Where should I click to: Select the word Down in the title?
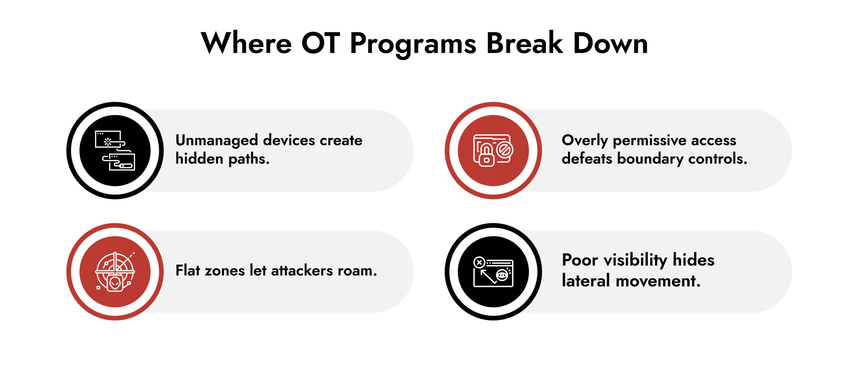[x=610, y=44]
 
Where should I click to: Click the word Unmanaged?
[x=216, y=141]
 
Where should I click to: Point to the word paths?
[x=249, y=159]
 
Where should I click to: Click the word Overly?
[x=585, y=141]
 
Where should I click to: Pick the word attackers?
[x=302, y=271]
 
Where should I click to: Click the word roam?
[x=357, y=271]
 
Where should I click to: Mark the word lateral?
[x=586, y=281]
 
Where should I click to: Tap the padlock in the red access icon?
[x=486, y=157]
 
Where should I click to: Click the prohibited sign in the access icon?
[x=504, y=150]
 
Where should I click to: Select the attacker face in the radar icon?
[x=115, y=284]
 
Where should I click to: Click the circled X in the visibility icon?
[x=479, y=262]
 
